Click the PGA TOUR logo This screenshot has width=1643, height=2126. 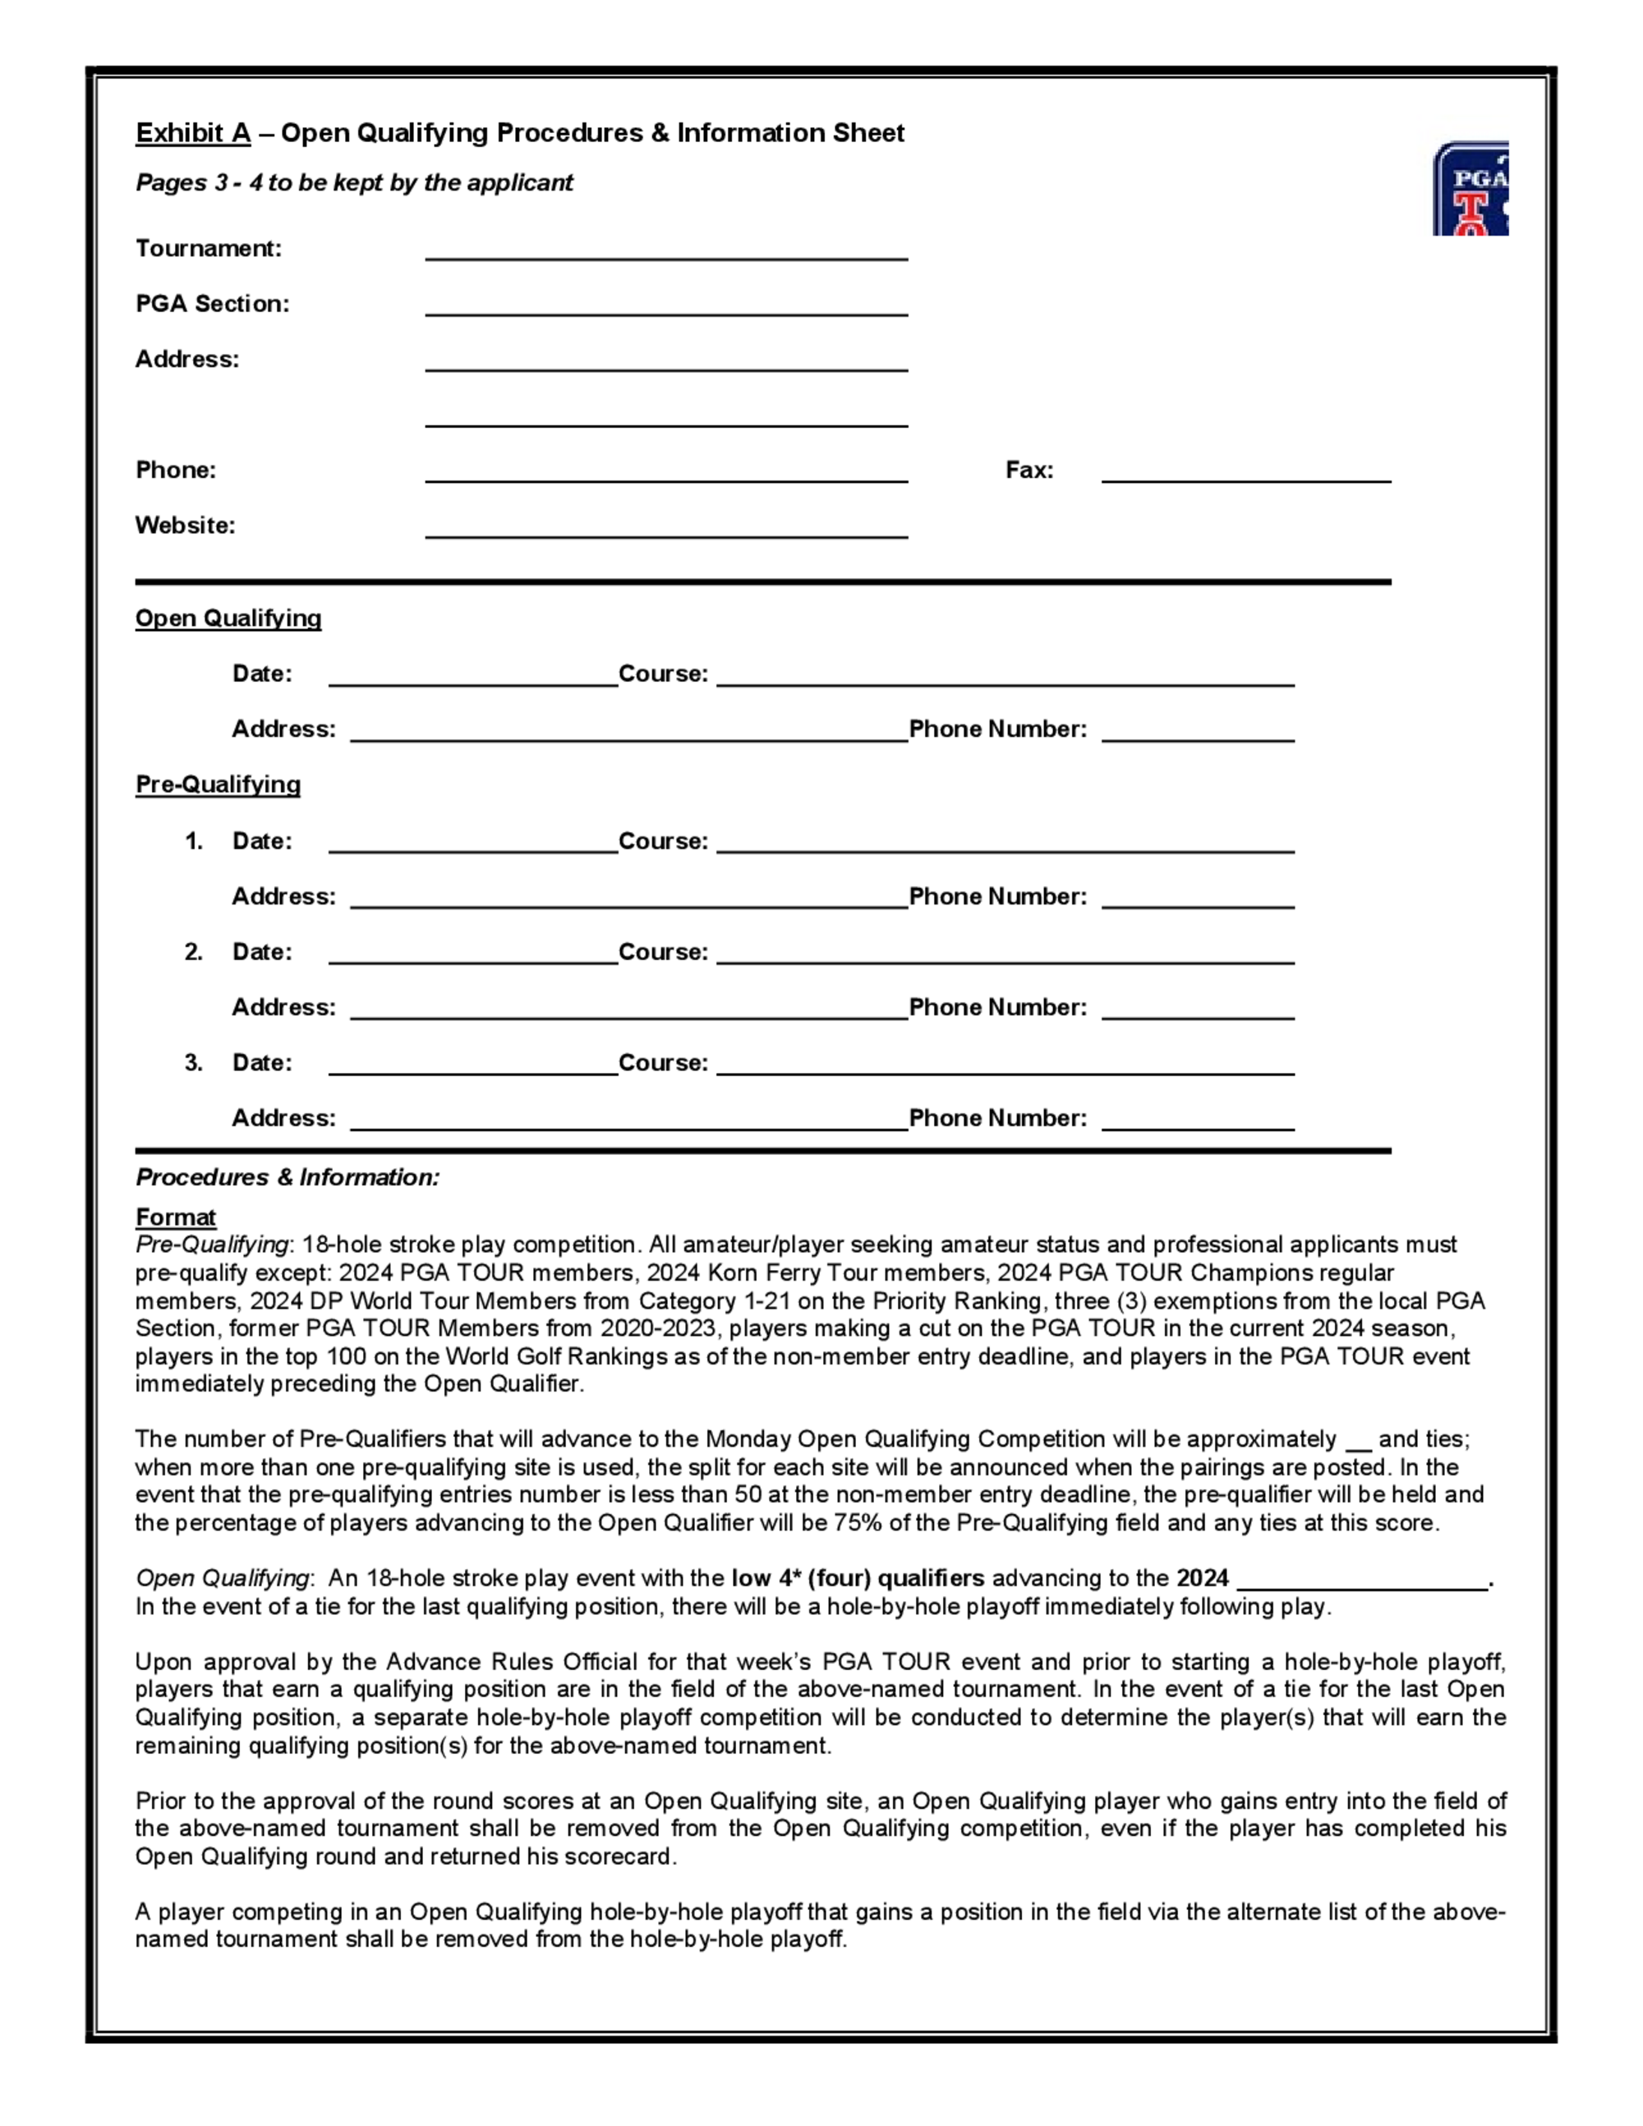click(x=1470, y=189)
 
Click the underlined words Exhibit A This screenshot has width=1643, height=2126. click(x=193, y=133)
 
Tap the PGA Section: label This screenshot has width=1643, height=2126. click(x=212, y=304)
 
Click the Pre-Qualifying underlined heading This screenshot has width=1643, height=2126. click(x=217, y=785)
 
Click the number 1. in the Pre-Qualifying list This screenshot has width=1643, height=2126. click(x=194, y=841)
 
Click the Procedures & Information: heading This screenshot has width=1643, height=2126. click(x=288, y=1178)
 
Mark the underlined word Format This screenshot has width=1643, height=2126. click(x=175, y=1217)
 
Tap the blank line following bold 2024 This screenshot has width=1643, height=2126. click(x=1362, y=1582)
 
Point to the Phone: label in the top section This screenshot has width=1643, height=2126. click(x=175, y=470)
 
